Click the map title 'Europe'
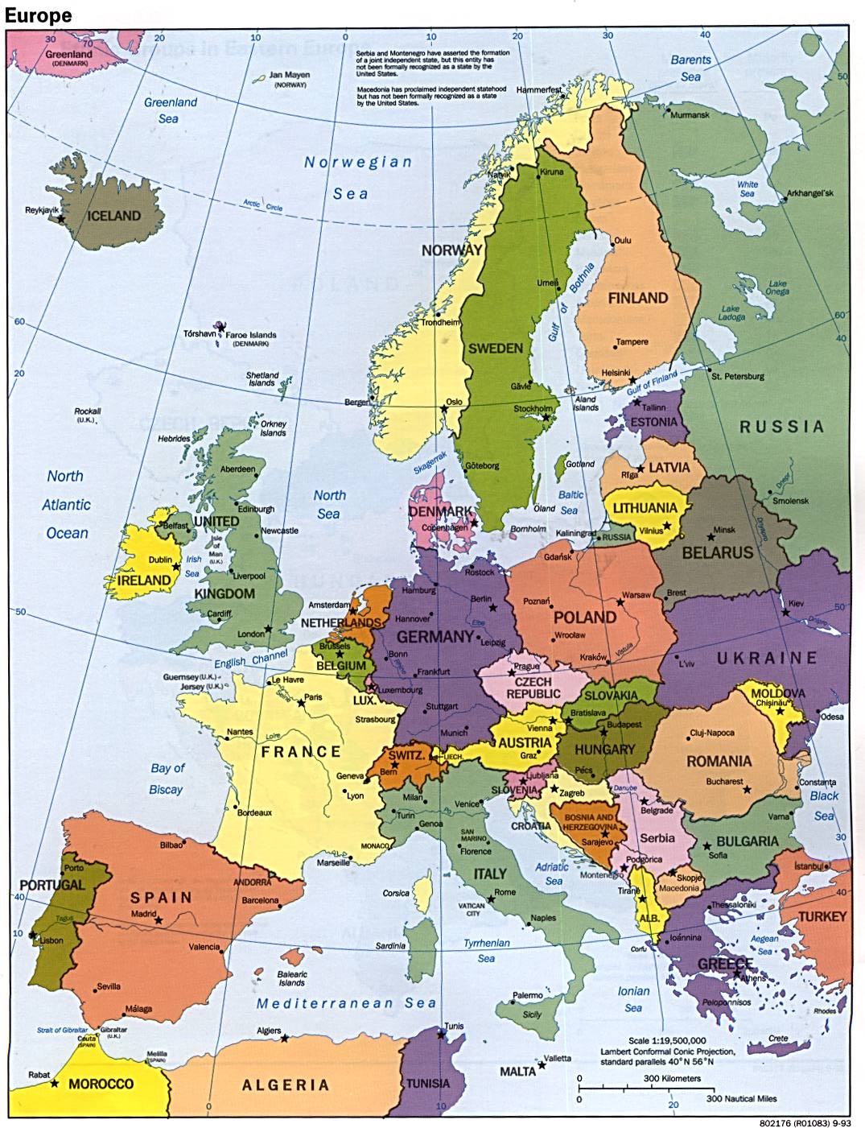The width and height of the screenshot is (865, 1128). click(x=38, y=15)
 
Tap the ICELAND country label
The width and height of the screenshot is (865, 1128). click(x=113, y=216)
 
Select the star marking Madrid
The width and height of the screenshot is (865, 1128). click(x=159, y=920)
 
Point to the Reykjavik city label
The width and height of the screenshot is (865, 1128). click(x=42, y=210)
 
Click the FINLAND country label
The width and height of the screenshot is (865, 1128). click(x=637, y=298)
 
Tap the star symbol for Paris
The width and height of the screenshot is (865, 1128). click(x=302, y=703)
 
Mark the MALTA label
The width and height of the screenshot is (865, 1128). click(x=517, y=1072)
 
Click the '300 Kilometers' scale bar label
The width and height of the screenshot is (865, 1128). click(x=672, y=1078)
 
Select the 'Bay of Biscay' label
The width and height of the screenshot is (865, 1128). click(x=167, y=779)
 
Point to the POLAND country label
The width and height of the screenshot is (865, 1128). click(x=585, y=618)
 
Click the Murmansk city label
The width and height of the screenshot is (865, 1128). click(x=690, y=115)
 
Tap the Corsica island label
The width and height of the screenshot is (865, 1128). click(x=396, y=893)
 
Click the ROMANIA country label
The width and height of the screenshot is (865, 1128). click(x=719, y=761)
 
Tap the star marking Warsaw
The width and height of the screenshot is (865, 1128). click(x=620, y=601)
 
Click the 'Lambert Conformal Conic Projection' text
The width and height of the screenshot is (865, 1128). click(x=667, y=1051)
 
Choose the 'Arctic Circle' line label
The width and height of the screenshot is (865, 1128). click(x=262, y=205)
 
